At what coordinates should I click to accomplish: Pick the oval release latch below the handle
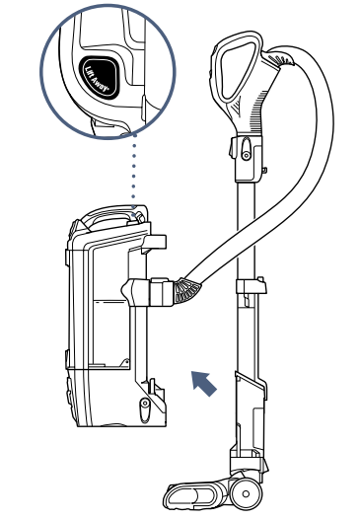pyautogui.click(x=242, y=148)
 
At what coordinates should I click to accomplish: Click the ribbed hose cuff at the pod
pyautogui.click(x=183, y=289)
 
